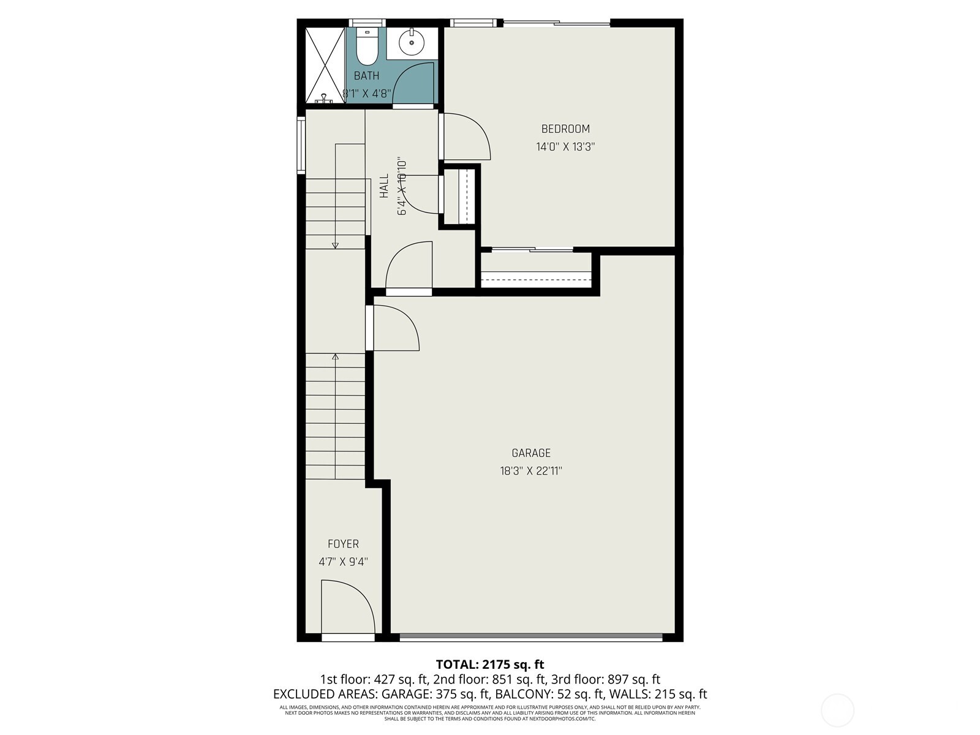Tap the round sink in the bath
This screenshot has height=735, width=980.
point(410,42)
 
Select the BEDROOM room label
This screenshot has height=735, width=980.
point(565,129)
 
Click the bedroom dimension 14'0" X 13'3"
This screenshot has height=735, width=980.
point(565,147)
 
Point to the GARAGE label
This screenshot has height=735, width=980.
point(531,453)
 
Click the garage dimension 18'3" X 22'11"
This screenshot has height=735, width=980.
point(531,471)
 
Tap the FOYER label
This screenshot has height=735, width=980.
point(343,544)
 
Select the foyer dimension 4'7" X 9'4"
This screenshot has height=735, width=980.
point(343,562)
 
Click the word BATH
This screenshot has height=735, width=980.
point(366,76)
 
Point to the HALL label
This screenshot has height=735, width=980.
point(384,186)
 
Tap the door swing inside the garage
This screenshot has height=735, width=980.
point(396,328)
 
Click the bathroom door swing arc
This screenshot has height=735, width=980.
point(413,83)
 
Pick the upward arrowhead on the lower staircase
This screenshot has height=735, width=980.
point(335,356)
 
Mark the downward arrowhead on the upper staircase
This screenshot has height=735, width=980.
point(335,246)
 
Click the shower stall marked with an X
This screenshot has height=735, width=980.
point(325,65)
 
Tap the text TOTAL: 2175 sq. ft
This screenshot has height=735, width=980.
point(489,664)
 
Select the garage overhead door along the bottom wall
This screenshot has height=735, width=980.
point(530,638)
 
